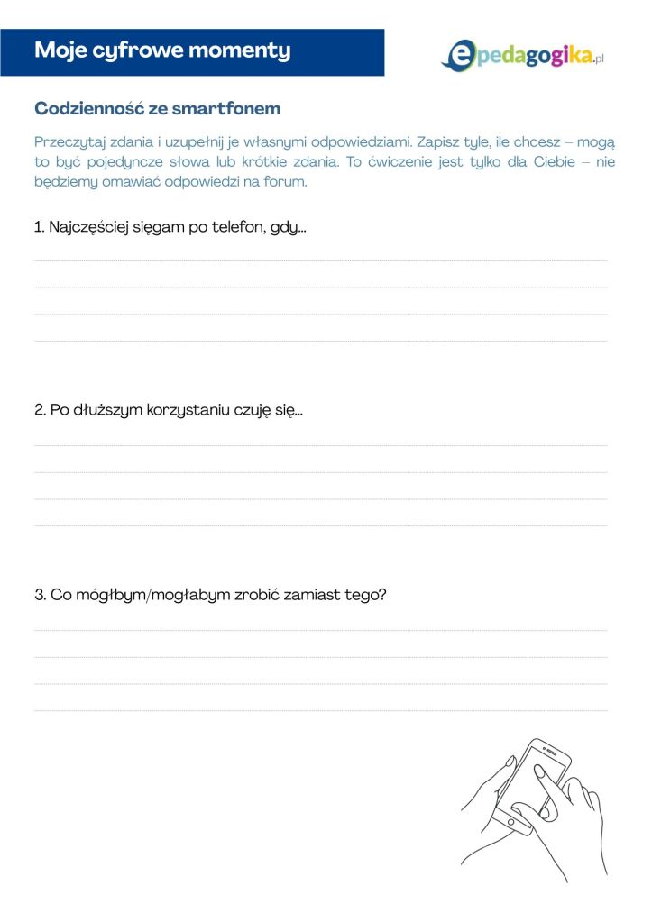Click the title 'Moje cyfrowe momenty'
click(x=162, y=50)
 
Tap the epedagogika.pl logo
click(x=522, y=55)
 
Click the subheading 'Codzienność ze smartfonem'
click(x=157, y=109)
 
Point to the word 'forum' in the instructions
click(x=288, y=181)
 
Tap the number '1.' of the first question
click(x=40, y=227)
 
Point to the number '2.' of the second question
click(x=41, y=411)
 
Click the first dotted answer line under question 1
click(x=320, y=260)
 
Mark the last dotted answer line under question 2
click(x=320, y=525)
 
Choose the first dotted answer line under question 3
click(x=320, y=630)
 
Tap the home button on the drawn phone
click(x=511, y=822)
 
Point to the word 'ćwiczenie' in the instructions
click(x=404, y=162)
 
